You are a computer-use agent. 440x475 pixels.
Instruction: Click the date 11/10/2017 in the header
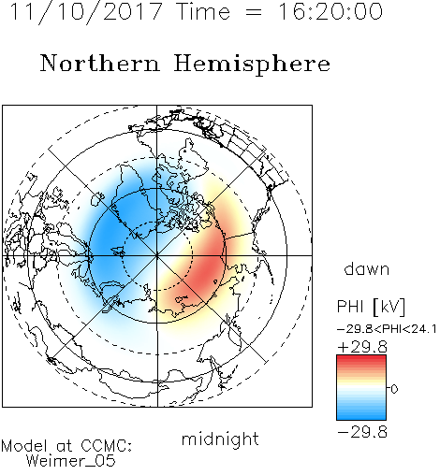(86, 12)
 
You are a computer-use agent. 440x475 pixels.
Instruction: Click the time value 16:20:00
(330, 11)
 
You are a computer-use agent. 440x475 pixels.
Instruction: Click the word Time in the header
(203, 11)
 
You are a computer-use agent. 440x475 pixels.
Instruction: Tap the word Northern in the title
(99, 63)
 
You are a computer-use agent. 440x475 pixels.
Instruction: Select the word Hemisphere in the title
(252, 65)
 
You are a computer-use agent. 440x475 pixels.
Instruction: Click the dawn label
(366, 268)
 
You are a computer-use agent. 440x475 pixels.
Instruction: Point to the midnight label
(220, 439)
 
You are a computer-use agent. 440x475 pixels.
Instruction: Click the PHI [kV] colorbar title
(371, 307)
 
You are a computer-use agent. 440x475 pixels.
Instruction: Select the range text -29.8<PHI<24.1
(387, 329)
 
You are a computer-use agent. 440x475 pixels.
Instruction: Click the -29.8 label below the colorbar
(362, 432)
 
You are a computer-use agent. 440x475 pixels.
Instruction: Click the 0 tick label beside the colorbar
(394, 389)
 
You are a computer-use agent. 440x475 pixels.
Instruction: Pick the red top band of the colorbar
(361, 359)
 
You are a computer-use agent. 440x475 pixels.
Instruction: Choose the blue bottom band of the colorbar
(361, 416)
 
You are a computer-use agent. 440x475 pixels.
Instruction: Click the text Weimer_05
(71, 461)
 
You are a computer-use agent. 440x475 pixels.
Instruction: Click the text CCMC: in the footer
(107, 446)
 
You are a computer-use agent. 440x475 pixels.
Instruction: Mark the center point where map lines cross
(157, 255)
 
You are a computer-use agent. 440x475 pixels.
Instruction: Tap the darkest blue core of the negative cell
(108, 231)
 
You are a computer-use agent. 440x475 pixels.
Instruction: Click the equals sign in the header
(254, 12)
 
